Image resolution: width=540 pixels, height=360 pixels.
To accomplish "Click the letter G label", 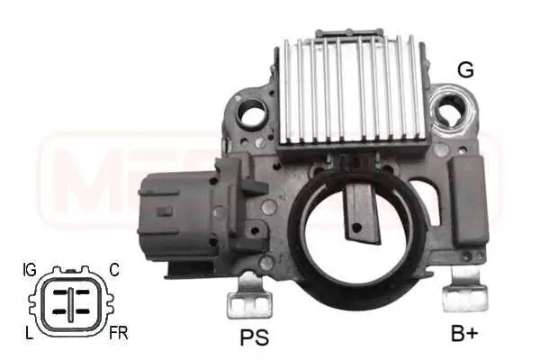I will point(464,68).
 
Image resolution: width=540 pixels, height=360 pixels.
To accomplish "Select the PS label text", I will point(254,337).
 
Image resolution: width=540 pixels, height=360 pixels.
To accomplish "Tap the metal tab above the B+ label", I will point(467,291).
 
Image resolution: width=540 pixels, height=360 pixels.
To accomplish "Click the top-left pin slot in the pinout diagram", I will point(59,292).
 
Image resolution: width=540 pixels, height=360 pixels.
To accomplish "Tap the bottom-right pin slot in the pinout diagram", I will point(83,311).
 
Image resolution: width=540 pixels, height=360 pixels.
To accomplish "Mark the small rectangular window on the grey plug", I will point(164,211).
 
